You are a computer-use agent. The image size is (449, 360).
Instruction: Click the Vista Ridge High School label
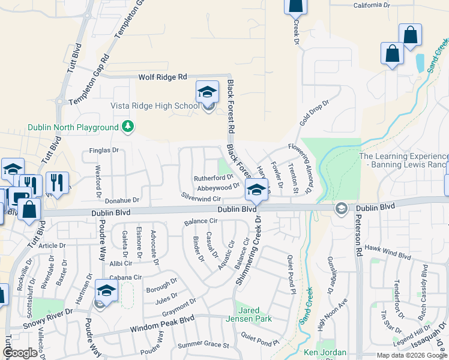click(x=154, y=106)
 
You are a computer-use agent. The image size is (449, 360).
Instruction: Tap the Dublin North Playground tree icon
click(x=127, y=127)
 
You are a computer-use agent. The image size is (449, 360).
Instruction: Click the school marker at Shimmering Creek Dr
click(x=256, y=190)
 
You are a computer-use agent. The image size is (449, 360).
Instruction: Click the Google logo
click(x=20, y=353)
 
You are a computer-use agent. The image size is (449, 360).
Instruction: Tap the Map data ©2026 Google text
click(x=411, y=355)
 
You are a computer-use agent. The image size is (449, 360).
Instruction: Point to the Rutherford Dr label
click(x=212, y=178)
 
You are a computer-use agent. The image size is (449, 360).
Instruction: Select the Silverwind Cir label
click(x=202, y=197)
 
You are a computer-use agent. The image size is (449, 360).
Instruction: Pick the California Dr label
click(x=375, y=5)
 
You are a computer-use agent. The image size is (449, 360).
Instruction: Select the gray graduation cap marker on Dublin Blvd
click(x=342, y=209)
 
